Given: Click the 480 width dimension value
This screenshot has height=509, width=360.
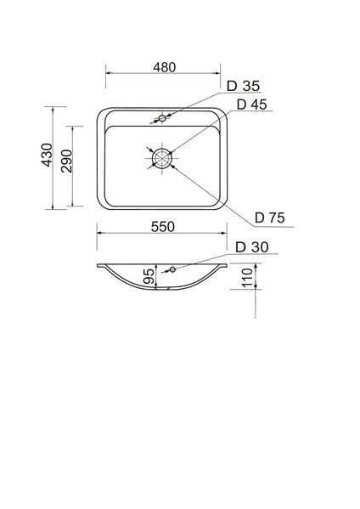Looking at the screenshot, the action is [165, 67].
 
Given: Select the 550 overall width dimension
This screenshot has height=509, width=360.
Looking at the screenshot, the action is [163, 227].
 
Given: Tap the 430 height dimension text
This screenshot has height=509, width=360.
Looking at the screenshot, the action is [47, 156].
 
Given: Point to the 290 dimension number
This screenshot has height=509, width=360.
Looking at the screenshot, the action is [67, 161].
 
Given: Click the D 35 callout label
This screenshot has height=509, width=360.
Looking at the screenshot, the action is [243, 86].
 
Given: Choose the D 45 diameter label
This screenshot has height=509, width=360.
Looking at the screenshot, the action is [251, 105].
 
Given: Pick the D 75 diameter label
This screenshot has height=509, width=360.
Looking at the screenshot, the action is [270, 218].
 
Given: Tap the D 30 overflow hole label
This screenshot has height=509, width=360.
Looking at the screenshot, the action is [252, 247].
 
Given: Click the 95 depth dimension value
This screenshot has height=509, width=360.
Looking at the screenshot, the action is [149, 276].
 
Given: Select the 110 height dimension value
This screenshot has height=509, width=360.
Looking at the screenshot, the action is [248, 277].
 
